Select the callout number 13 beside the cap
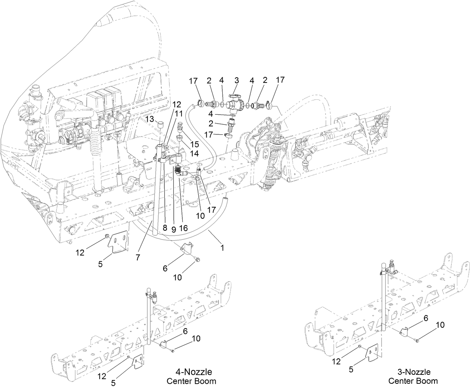(149, 119)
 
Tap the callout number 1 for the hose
(223, 247)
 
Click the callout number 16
(184, 227)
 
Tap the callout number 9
(174, 227)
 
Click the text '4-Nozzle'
(194, 372)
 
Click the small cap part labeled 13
(160, 124)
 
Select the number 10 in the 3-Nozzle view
(440, 325)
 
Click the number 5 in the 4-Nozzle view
(113, 383)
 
